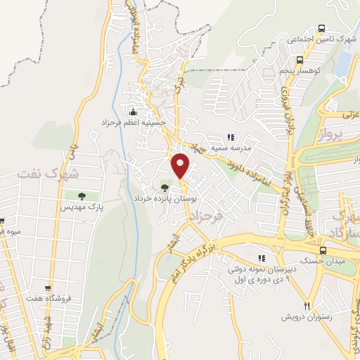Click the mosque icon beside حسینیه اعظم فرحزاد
[133, 110]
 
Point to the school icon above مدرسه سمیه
[229, 137]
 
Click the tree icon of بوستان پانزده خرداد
[165, 187]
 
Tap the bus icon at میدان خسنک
[322, 250]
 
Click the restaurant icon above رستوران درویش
[307, 306]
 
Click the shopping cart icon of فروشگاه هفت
[48, 288]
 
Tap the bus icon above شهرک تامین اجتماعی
[321, 29]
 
